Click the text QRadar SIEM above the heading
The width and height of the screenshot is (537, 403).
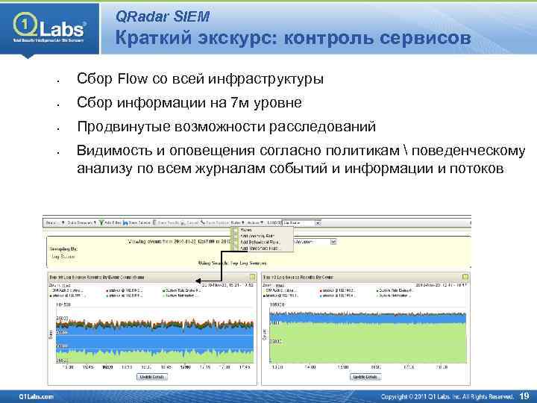coord(163,16)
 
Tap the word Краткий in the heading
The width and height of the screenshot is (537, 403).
coord(153,39)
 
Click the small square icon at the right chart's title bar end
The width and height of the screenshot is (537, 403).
coord(467,276)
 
